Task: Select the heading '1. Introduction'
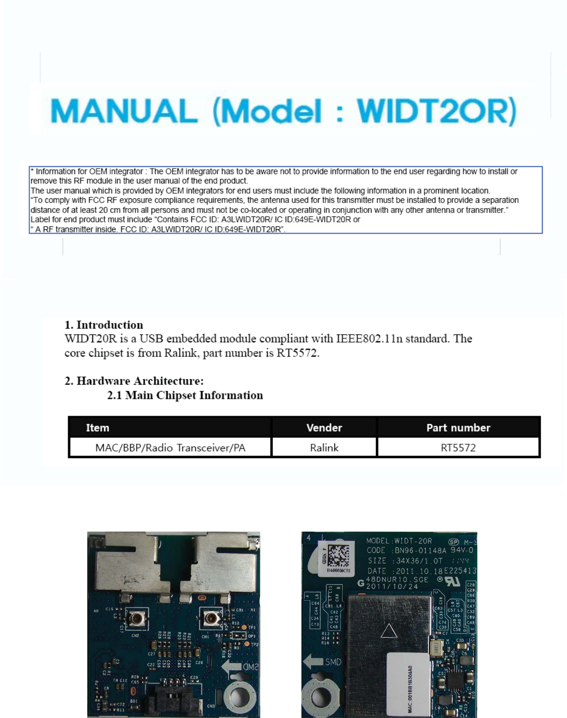[104, 325]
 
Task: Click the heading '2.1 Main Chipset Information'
[185, 395]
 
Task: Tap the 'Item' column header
[98, 428]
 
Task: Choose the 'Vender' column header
[324, 428]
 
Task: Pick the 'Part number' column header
[458, 428]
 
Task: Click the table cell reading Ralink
[324, 448]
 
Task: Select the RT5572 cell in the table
[458, 448]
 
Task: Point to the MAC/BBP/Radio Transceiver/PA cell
[170, 448]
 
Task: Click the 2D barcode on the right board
[339, 556]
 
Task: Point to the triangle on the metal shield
[389, 631]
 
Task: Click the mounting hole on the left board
[240, 696]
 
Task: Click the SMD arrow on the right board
[314, 661]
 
